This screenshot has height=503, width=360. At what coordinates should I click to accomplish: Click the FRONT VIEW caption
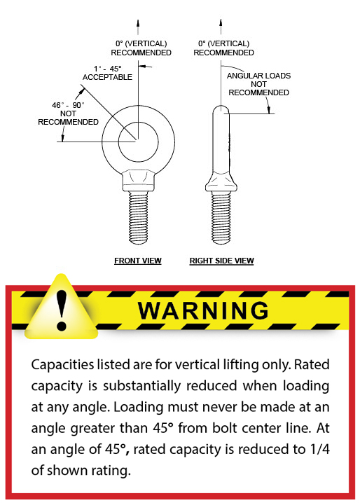pos(138,261)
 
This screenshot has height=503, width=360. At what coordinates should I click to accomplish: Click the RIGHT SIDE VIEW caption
pos(222,261)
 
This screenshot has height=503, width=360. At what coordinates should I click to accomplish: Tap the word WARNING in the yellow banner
pos(203,310)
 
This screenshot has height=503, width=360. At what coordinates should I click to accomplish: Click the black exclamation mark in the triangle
pos(61,310)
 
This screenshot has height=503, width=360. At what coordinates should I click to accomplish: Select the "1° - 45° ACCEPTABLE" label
pos(107,73)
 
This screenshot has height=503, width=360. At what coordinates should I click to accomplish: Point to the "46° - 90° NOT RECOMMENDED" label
pos(68,113)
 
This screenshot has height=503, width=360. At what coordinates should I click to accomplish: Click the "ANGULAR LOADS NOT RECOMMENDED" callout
pos(258,84)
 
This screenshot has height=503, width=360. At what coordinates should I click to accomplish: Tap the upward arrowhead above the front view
pos(138,23)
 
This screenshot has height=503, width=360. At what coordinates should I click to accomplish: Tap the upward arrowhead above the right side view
pos(221,23)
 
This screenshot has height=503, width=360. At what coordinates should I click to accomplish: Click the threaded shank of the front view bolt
pos(138,217)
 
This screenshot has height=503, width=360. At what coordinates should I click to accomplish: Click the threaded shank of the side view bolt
pos(221,217)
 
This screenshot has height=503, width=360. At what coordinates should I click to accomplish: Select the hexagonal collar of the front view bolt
pos(138,181)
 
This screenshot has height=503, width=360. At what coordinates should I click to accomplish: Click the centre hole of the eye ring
pos(138,142)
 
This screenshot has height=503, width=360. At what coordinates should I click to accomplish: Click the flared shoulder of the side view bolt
pos(221,181)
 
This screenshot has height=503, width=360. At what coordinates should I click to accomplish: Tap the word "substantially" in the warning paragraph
pos(141,386)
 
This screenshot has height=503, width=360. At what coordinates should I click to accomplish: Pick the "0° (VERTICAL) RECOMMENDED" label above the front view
pos(141,48)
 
